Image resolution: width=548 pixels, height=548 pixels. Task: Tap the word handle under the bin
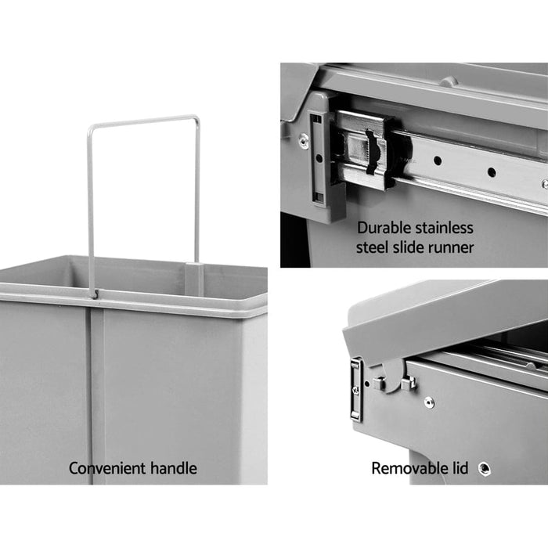click(169, 469)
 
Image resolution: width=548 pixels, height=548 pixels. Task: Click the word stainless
click(445, 229)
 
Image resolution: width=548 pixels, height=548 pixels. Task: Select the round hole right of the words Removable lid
click(485, 468)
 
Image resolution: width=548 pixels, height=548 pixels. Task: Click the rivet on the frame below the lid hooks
click(428, 402)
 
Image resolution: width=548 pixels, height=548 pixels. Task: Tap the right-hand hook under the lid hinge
click(407, 382)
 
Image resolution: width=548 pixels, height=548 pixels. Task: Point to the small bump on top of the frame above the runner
click(448, 81)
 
